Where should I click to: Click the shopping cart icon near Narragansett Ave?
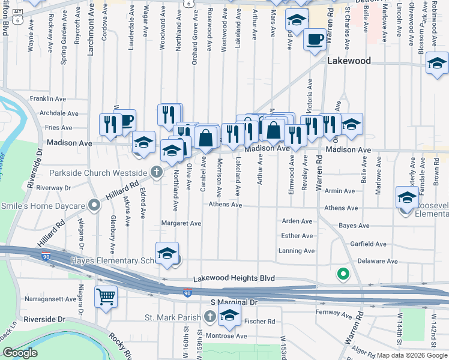pos(106,296)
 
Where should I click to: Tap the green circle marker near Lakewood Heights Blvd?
pos(343,274)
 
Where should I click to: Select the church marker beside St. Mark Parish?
pos(209,316)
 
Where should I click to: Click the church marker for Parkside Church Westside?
pos(156,173)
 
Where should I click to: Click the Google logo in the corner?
pos(20,353)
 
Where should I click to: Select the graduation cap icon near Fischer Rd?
pos(229,316)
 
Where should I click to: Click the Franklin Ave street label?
pos(48,98)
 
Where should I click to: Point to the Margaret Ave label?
pos(181,223)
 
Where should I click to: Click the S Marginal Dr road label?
pos(234,302)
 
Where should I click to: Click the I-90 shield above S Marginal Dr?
pos(188,293)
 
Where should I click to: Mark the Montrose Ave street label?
pos(226,336)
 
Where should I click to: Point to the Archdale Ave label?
pos(58,113)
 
